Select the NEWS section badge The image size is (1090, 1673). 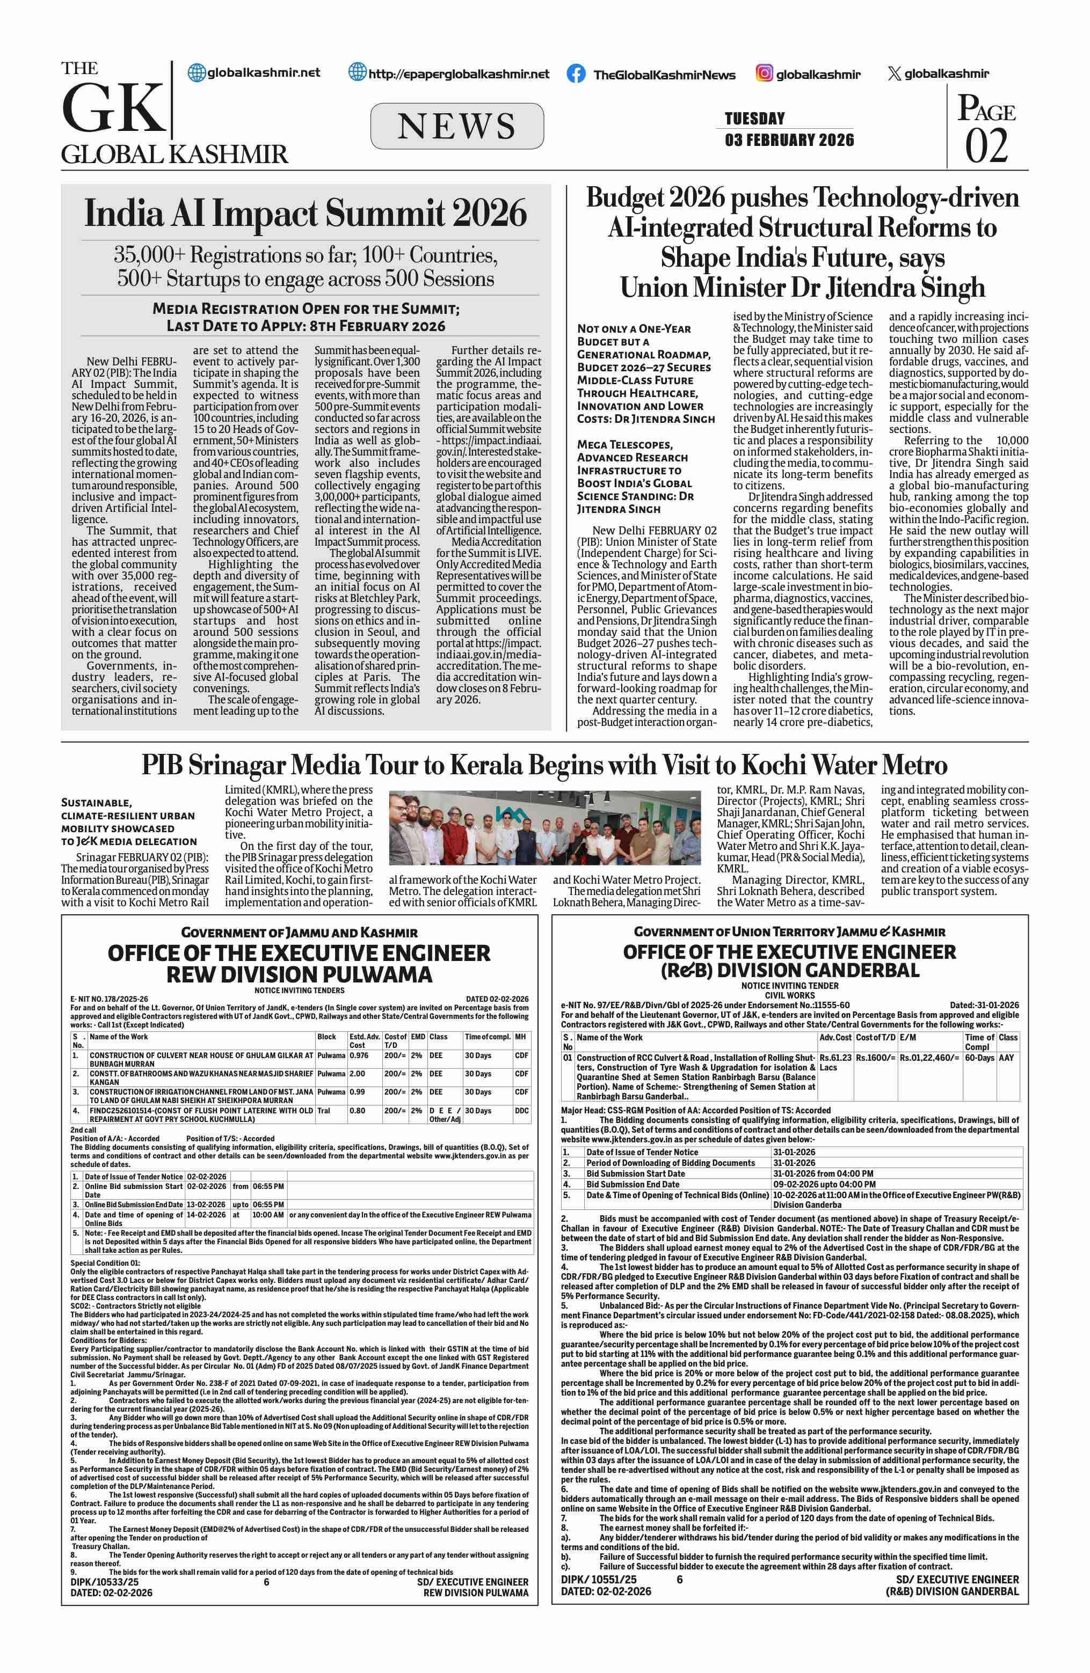point(456,126)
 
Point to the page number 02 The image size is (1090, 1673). point(985,145)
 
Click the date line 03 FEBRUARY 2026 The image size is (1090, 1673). point(789,140)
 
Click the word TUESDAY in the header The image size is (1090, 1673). point(754,118)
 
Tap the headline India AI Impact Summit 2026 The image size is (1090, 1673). point(305,213)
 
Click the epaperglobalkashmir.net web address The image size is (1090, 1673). point(459,74)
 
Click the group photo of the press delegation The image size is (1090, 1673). point(544,827)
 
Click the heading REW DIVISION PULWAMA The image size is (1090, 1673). point(299,975)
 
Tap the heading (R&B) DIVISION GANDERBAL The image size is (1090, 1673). point(789,970)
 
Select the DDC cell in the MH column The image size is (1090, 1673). point(521,1111)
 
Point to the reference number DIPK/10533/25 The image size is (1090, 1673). point(104,1582)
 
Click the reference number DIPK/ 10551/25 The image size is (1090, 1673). point(599,1580)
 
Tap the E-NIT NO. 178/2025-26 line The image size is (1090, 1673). point(109,999)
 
